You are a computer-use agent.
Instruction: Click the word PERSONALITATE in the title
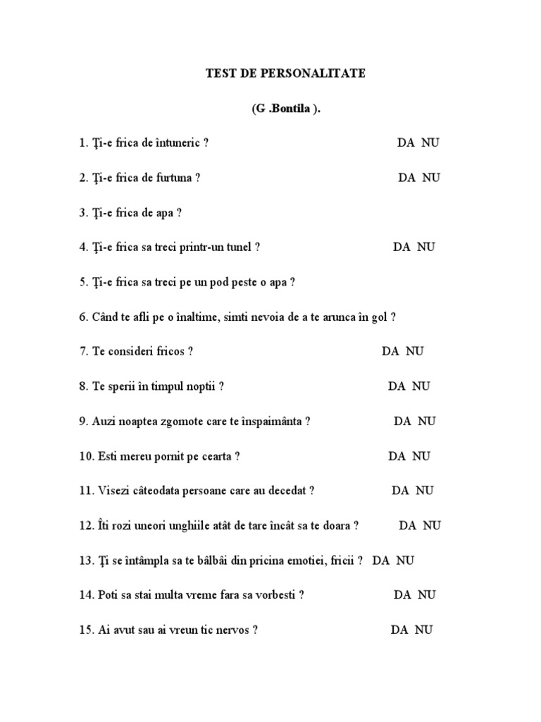click(319, 73)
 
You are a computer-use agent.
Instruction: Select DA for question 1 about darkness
click(406, 143)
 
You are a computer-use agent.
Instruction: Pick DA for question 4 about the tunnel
click(402, 247)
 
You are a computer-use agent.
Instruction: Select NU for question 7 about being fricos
click(415, 351)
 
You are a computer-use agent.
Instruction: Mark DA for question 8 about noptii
click(397, 386)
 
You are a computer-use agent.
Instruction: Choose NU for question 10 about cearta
click(421, 456)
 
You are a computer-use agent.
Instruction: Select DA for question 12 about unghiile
click(408, 525)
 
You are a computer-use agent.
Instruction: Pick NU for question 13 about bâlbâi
click(405, 561)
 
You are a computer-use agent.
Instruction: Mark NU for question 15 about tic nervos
click(424, 630)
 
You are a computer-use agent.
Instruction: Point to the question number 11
click(85, 491)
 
